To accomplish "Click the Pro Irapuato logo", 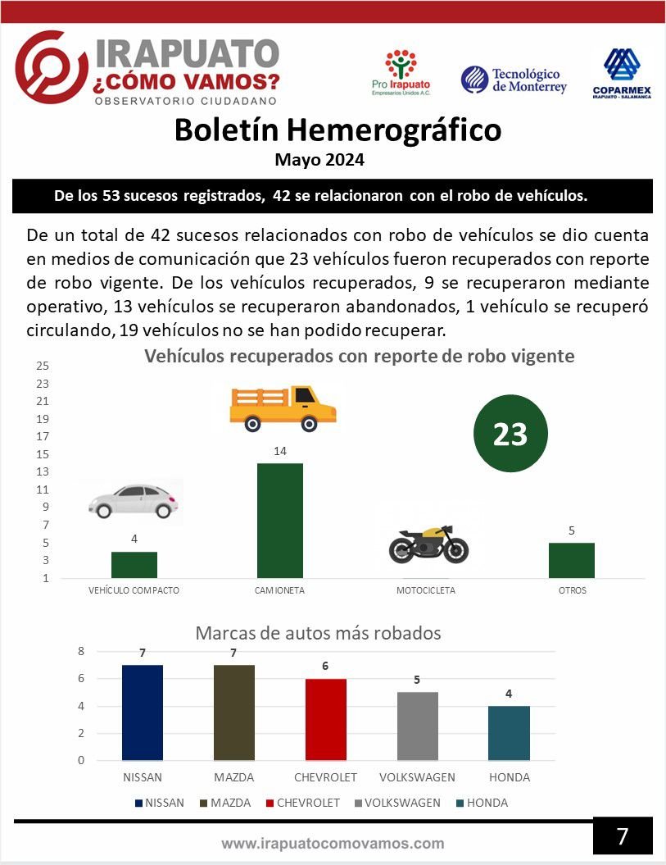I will [401, 72].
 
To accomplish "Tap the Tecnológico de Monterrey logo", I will [514, 80].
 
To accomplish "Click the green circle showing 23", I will [510, 435].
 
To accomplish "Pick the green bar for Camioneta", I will [280, 521].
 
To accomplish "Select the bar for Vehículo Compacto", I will [134, 565].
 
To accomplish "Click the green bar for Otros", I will [572, 560].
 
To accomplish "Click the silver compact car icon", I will [134, 500].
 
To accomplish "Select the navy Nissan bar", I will [143, 712].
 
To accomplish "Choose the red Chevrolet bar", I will [326, 719].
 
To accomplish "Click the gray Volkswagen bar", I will [418, 726].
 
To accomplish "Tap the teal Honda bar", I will [509, 733].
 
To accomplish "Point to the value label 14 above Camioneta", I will [280, 451].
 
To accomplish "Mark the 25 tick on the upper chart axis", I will [43, 366].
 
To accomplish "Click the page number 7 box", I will [623, 836].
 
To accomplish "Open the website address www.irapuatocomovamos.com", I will [333, 843].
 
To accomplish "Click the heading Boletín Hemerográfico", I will [338, 130].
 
